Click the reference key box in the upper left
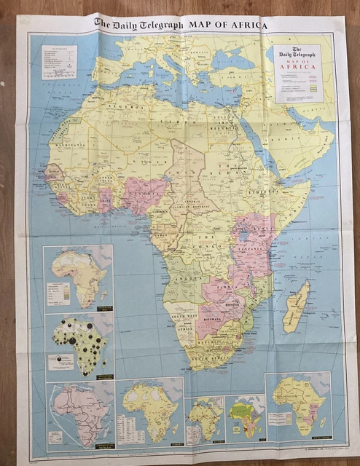(59, 62)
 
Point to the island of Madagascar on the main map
(297, 306)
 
